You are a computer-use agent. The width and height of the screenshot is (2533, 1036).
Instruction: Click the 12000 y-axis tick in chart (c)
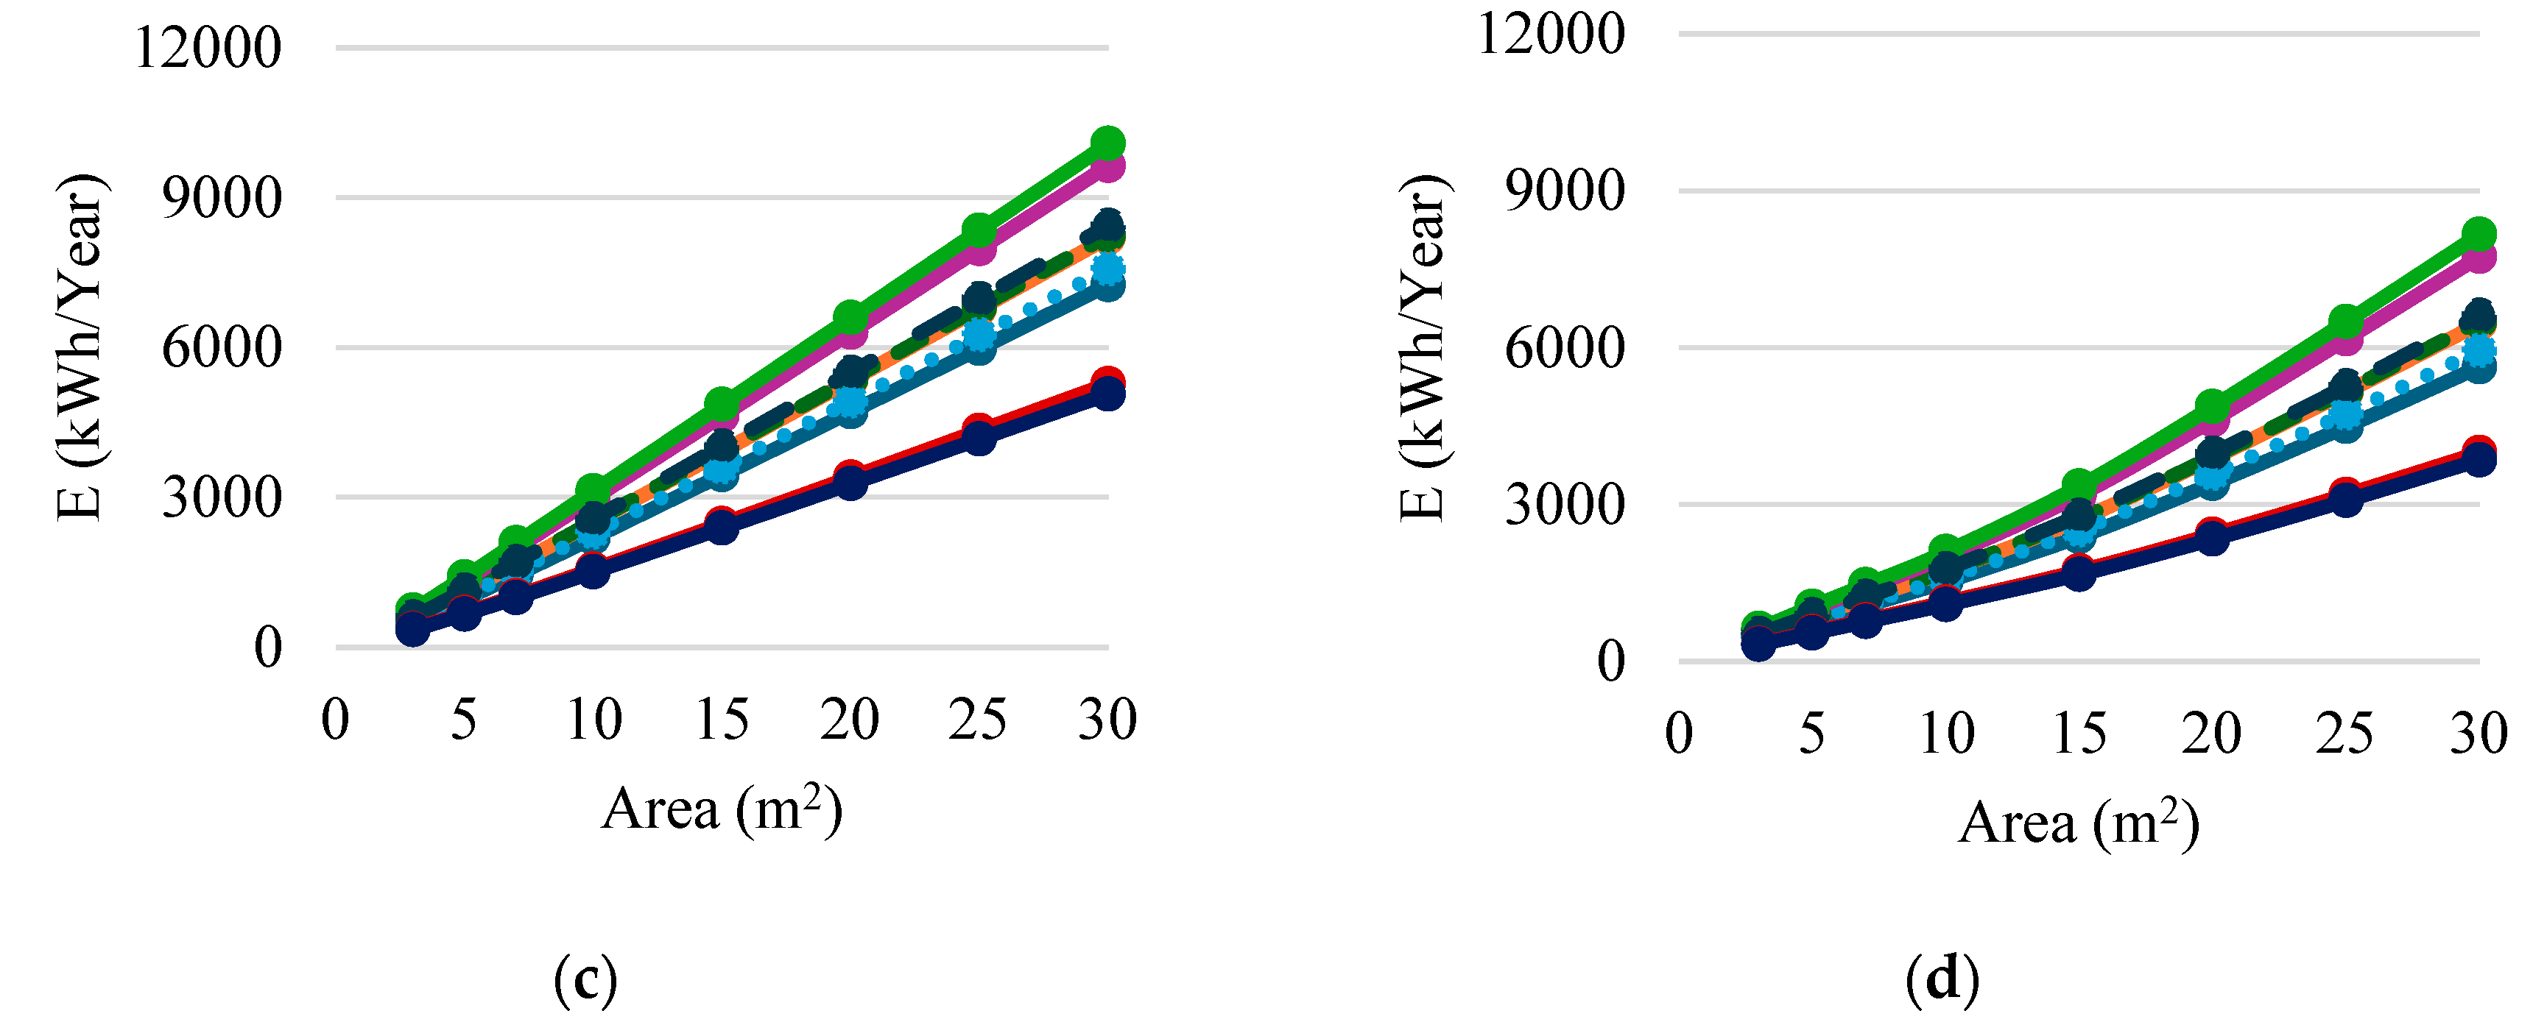[208, 47]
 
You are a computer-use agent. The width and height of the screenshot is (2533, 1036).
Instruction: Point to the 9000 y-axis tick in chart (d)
[1565, 191]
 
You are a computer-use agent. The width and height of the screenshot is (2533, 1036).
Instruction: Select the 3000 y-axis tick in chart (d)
[1565, 505]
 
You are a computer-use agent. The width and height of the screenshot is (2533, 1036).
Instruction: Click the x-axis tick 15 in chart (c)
[722, 720]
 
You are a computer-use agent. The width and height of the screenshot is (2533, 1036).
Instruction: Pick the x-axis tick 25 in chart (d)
[2344, 734]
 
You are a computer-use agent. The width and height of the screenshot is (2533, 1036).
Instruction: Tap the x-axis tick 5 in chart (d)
[1812, 734]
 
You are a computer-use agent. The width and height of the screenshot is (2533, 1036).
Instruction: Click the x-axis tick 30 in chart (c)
[1107, 720]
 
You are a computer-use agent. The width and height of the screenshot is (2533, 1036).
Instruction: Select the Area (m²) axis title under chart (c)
[722, 810]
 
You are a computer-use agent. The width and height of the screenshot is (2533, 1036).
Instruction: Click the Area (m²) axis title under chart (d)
[2079, 823]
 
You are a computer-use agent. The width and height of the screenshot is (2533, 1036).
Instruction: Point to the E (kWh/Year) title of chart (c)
[81, 348]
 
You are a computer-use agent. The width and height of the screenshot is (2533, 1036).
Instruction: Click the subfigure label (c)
[585, 979]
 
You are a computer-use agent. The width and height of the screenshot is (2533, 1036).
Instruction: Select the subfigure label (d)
[1942, 979]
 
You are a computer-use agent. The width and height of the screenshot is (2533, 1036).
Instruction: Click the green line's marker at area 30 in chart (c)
[1108, 143]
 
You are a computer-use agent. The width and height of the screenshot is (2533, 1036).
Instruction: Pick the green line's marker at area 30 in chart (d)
[2479, 235]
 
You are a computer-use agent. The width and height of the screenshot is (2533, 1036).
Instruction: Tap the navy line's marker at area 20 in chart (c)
[850, 483]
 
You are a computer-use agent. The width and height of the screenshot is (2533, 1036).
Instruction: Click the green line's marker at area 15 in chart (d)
[2079, 486]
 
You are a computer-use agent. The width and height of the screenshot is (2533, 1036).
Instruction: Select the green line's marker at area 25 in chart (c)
[979, 231]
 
